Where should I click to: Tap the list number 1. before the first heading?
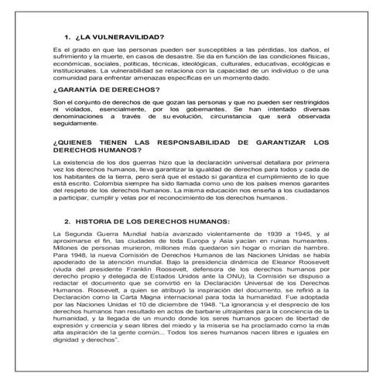click(67, 36)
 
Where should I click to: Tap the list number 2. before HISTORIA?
click(67, 219)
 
